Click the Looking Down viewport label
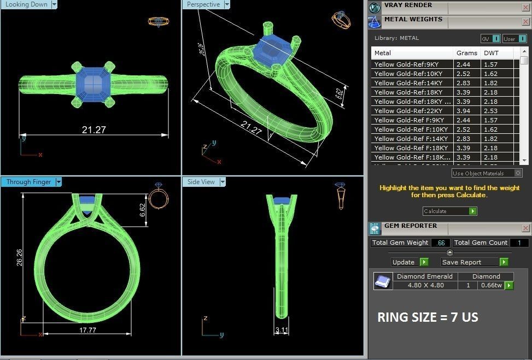[26, 4]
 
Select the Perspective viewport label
[203, 4]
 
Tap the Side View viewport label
[201, 182]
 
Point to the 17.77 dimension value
[87, 330]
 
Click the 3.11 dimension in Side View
[282, 330]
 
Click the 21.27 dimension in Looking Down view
[93, 130]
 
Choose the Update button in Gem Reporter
[404, 262]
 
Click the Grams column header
[466, 53]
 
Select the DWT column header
[490, 53]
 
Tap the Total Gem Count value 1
[519, 243]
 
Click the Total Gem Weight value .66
[441, 243]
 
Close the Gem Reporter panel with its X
[525, 228]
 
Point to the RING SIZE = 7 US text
[428, 317]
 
